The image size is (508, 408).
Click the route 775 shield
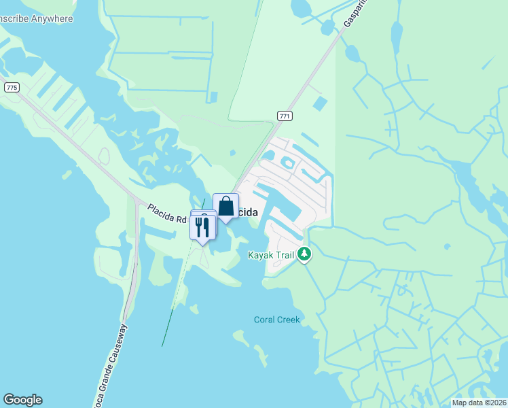coord(11,88)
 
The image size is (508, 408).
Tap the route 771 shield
coord(285,117)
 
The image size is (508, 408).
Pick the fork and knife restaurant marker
coord(202,226)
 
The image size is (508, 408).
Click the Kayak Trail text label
coord(271,255)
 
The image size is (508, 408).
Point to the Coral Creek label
coord(276,320)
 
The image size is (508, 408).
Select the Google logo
coord(22,400)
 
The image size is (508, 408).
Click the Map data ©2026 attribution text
coord(479,403)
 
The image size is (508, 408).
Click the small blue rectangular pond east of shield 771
coord(319,104)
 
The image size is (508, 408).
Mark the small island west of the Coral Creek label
coord(240,335)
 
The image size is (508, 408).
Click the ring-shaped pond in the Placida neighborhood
coord(288,163)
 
